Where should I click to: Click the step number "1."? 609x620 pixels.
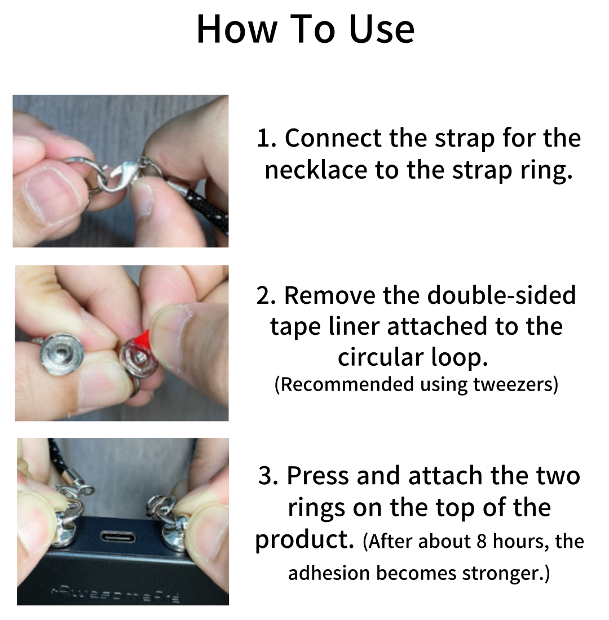coord(266,138)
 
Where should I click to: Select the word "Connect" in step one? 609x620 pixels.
coord(333,138)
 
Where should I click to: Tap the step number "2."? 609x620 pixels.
coord(266,295)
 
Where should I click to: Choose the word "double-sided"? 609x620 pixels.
coord(501,295)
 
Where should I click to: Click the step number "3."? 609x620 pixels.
coord(268,475)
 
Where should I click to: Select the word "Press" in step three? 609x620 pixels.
coord(318,475)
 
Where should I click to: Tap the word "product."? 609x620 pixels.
coord(304,541)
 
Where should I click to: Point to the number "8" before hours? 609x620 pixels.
coord(481,541)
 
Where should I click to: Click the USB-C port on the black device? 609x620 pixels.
coord(117,537)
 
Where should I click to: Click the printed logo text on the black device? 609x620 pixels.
coord(115,594)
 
